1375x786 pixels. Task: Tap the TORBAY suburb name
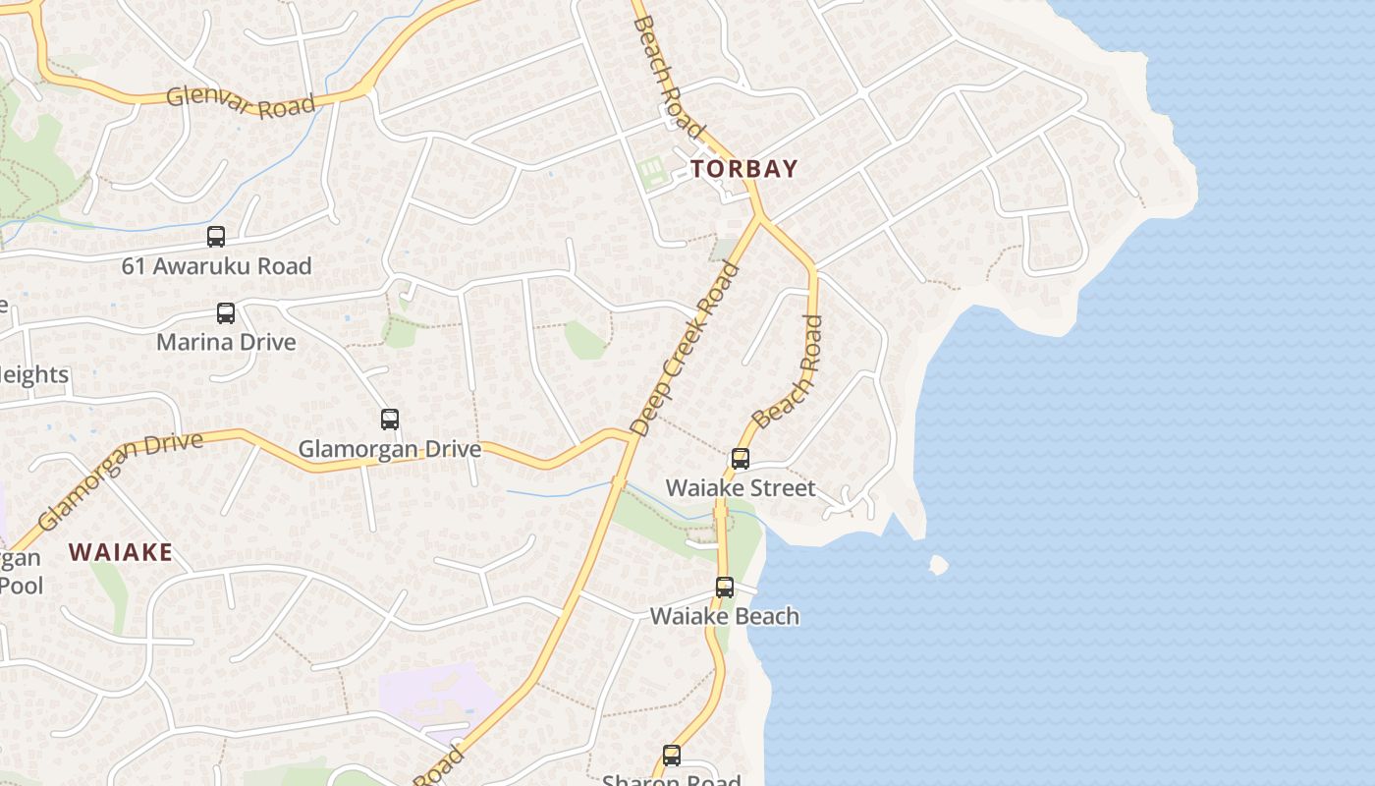tap(743, 169)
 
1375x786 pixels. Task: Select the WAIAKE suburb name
tap(121, 552)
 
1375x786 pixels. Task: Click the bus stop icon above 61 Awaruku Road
tap(216, 237)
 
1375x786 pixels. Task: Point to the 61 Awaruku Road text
tap(217, 266)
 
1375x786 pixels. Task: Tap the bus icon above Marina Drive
tap(226, 313)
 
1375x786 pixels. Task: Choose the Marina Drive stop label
tap(226, 342)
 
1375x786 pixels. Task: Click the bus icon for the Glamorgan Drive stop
tap(390, 420)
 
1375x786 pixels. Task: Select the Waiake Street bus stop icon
tap(741, 459)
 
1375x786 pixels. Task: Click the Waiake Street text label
tap(741, 488)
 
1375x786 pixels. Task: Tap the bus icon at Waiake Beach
tap(725, 588)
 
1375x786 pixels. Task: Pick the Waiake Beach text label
tap(725, 617)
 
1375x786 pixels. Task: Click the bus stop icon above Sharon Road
tap(672, 756)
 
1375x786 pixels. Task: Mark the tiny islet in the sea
tap(938, 565)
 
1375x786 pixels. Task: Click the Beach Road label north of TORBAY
tap(669, 76)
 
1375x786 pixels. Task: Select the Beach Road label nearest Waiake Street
tap(788, 371)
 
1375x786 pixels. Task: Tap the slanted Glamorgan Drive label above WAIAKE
tap(120, 479)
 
